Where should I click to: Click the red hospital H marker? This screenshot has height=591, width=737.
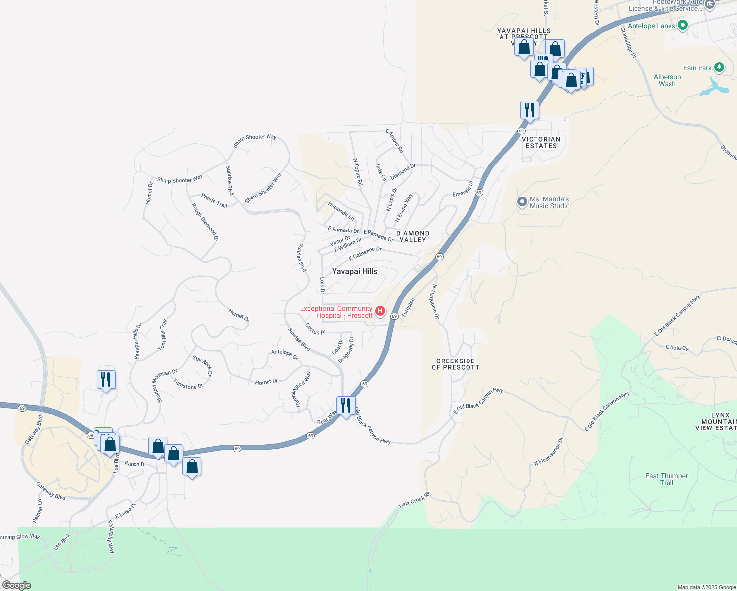(x=380, y=311)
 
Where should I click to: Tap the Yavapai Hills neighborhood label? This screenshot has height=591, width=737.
(x=355, y=271)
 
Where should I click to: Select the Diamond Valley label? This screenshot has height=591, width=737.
(x=413, y=236)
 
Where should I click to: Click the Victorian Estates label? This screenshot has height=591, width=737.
(x=541, y=143)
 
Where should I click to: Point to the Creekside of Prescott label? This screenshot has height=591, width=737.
(x=455, y=364)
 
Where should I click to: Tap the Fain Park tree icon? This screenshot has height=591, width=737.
(x=719, y=67)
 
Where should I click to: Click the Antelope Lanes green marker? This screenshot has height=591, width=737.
(x=682, y=26)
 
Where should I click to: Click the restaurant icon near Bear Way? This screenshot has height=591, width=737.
(x=346, y=406)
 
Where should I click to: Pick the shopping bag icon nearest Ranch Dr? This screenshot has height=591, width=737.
(x=158, y=447)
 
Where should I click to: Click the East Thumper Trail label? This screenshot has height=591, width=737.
(x=667, y=479)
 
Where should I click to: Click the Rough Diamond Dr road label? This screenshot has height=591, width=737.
(x=205, y=223)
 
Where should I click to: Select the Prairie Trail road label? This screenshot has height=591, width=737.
(x=214, y=200)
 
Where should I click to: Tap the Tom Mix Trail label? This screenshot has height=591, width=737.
(x=163, y=335)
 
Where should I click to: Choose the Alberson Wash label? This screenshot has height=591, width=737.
(x=667, y=80)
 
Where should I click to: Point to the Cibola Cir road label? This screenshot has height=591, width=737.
(x=677, y=348)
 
